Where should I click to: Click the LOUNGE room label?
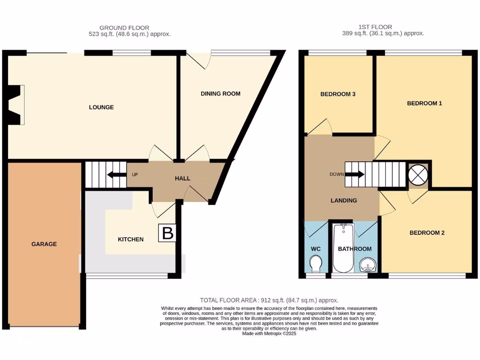pyautogui.click(x=101, y=107)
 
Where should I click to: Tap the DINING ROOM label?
pyautogui.click(x=220, y=94)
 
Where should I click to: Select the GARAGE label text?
pyautogui.click(x=44, y=244)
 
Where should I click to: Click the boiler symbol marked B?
pyautogui.click(x=167, y=233)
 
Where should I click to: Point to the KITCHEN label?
pyautogui.click(x=130, y=240)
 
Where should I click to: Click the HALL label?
pyautogui.click(x=182, y=178)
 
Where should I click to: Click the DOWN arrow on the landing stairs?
pyautogui.click(x=354, y=174)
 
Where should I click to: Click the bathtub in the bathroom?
pyautogui.click(x=344, y=248)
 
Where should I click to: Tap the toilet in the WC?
pyautogui.click(x=315, y=263)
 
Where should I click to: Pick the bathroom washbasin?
pyautogui.click(x=368, y=266)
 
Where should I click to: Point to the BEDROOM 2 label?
pyautogui.click(x=427, y=233)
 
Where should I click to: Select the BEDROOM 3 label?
pyautogui.click(x=337, y=94)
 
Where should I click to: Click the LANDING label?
pyautogui.click(x=344, y=200)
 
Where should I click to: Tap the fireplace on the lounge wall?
pyautogui.click(x=15, y=105)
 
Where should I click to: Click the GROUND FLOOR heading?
pyautogui.click(x=124, y=28)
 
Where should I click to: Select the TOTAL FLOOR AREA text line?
pyautogui.click(x=269, y=300)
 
